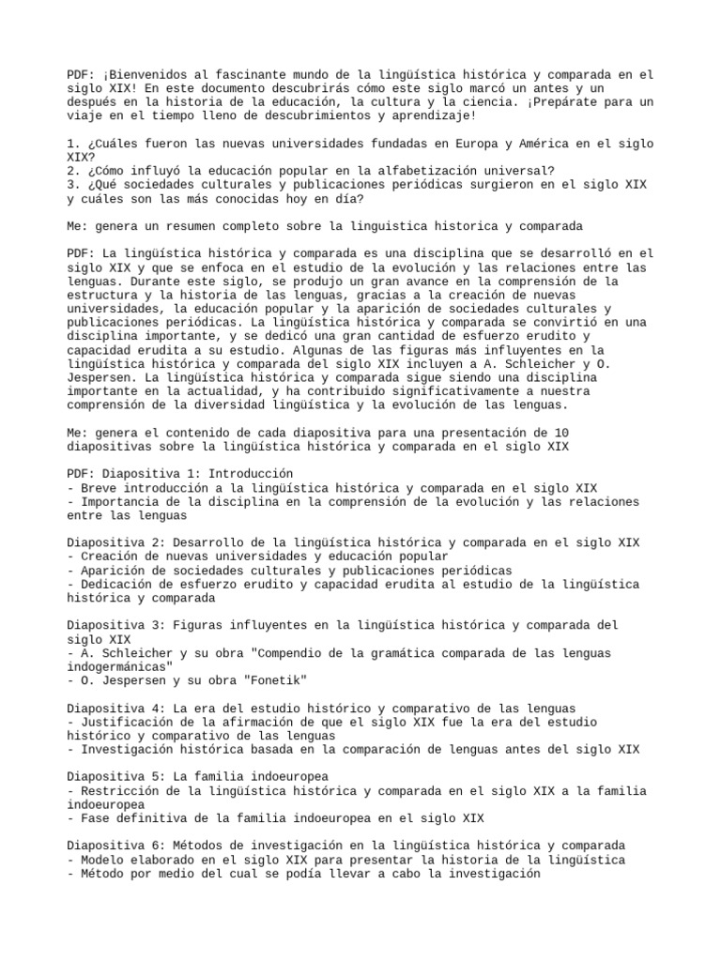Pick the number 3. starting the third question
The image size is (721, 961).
74,185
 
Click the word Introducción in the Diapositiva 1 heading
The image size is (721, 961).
253,474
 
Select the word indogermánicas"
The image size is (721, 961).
121,666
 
